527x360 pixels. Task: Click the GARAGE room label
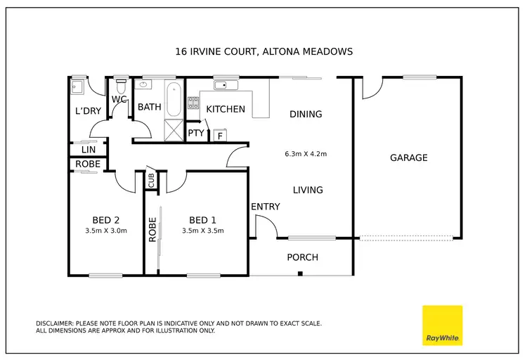[x=408, y=158]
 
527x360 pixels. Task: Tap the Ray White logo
[x=442, y=326]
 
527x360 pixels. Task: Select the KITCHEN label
[x=226, y=109]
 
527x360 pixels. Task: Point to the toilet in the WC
[x=120, y=88]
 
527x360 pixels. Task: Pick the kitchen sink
[x=226, y=86]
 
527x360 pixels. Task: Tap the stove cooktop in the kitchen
[x=194, y=105]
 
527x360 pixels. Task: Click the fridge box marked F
[x=219, y=135]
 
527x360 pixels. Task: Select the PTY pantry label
[x=195, y=133]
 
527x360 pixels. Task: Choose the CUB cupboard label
[x=151, y=181]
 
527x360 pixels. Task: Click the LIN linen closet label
[x=88, y=150]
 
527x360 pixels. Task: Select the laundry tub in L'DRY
[x=78, y=88]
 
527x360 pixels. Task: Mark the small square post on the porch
[x=300, y=273]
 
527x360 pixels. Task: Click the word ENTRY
[x=265, y=207]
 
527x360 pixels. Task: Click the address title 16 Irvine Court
[x=262, y=51]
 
